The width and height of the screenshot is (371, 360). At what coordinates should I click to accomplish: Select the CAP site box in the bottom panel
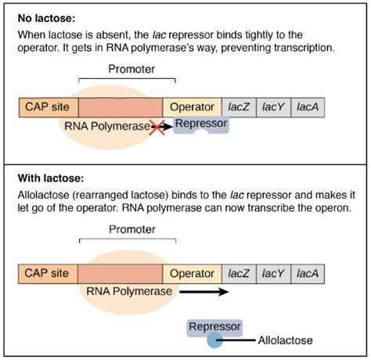[x=48, y=274]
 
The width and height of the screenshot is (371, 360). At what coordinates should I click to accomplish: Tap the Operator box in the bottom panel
[x=192, y=274]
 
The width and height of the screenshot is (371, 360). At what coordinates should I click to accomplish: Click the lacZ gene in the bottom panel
[x=240, y=274]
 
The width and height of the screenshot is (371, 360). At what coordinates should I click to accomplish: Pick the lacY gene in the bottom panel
[x=273, y=274]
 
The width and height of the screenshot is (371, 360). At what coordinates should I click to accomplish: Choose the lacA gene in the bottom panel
[x=307, y=274]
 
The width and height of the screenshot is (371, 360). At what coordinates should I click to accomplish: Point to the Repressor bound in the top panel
[x=200, y=124]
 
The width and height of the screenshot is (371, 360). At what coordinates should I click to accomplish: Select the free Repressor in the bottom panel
[x=214, y=326]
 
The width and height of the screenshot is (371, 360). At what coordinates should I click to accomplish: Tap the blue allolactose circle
[x=214, y=340]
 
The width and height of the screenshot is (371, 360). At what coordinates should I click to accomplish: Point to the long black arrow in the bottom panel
[x=204, y=291]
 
